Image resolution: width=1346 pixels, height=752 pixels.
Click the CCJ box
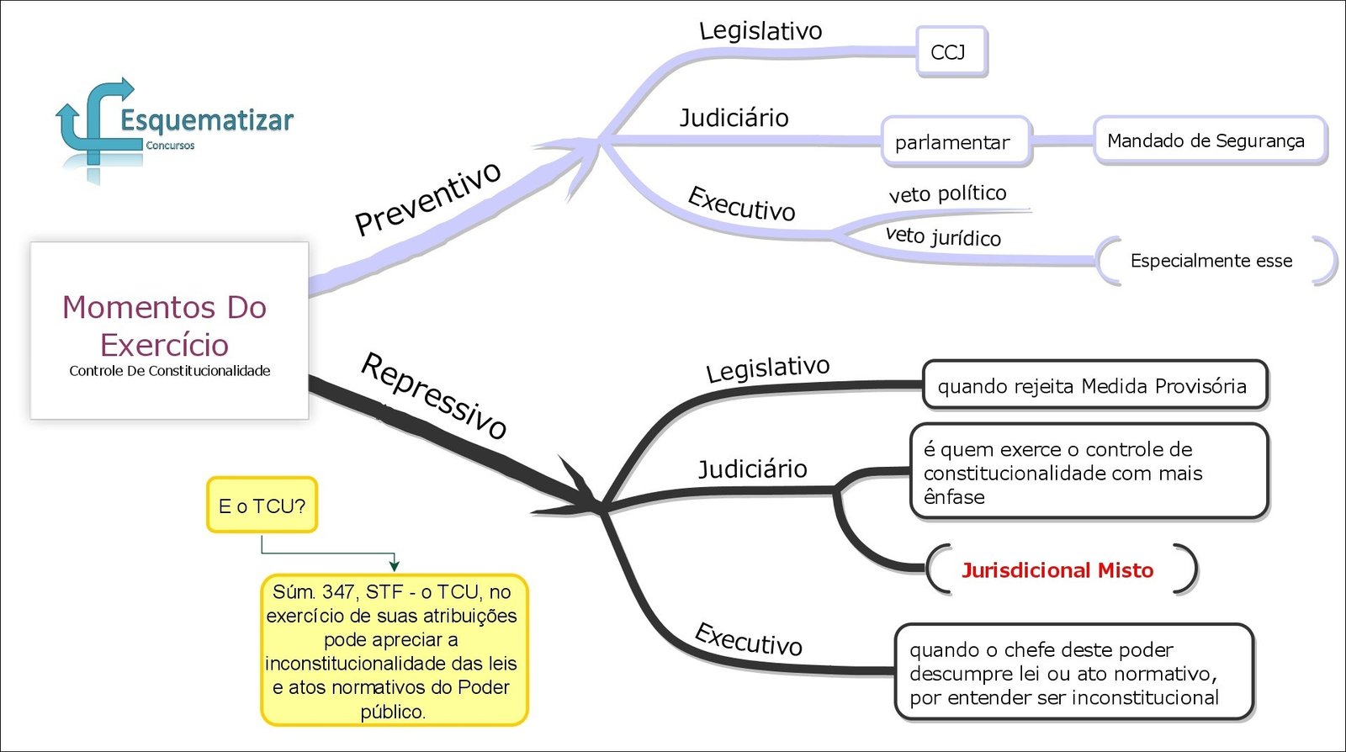(x=951, y=52)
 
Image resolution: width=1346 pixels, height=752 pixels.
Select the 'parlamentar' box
(x=955, y=141)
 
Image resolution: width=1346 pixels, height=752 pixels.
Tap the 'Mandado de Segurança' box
(x=1208, y=140)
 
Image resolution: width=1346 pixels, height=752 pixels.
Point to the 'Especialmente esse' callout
(x=1212, y=261)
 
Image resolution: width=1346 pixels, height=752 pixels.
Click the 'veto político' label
(x=947, y=193)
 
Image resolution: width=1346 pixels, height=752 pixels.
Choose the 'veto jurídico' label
(x=943, y=236)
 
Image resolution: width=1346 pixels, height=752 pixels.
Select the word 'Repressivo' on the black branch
(x=434, y=395)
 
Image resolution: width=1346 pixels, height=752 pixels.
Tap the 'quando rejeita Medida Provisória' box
(x=1094, y=386)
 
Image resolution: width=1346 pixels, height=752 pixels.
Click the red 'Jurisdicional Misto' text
(x=1057, y=570)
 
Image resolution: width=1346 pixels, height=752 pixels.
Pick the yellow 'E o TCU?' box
(x=262, y=506)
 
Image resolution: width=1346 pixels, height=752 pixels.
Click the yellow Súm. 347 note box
(x=393, y=650)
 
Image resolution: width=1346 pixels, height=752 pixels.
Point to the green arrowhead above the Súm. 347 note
(x=394, y=565)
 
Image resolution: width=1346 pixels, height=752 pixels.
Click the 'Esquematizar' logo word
(x=207, y=120)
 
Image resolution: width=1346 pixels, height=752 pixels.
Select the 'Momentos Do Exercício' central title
(x=165, y=326)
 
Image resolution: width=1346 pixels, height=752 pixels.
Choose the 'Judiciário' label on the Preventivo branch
(x=734, y=118)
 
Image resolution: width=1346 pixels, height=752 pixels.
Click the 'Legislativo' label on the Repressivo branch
(x=767, y=368)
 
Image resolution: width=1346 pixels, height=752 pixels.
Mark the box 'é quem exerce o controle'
(x=1088, y=472)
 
